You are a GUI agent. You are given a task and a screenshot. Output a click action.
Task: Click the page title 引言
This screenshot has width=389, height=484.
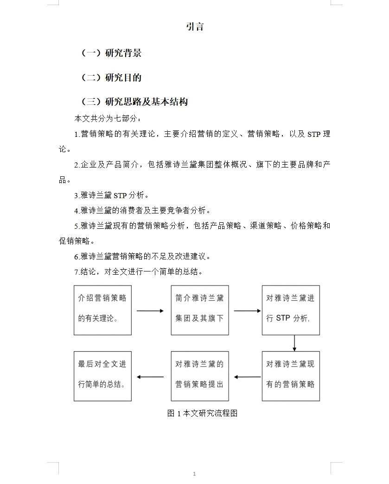tap(195, 27)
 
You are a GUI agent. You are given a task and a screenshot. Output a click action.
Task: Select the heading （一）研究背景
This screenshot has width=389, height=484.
tap(111, 53)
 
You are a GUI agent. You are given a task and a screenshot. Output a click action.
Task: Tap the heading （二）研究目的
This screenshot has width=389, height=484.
tap(111, 77)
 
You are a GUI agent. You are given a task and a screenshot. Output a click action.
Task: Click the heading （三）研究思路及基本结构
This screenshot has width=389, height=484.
tap(134, 102)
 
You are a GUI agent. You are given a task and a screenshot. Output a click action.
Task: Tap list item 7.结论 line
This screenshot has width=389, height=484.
tap(138, 271)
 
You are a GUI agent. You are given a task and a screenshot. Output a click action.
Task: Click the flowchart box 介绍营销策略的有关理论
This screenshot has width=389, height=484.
tap(102, 310)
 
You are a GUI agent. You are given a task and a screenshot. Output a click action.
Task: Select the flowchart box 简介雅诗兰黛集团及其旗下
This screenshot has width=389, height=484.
tap(200, 310)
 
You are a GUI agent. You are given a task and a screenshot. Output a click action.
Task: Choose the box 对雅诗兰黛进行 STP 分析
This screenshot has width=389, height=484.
tap(291, 310)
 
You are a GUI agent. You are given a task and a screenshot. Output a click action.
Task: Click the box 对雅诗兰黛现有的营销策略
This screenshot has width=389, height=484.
tap(291, 376)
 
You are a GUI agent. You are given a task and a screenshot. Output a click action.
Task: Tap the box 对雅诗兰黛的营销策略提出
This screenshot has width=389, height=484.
tap(200, 376)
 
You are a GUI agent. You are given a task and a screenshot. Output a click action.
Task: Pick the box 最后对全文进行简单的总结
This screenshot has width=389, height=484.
tap(102, 376)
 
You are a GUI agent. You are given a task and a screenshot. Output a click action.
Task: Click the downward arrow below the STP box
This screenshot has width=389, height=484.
tap(294, 343)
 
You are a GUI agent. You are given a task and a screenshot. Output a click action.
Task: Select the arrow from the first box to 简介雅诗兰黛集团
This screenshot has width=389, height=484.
tap(151, 310)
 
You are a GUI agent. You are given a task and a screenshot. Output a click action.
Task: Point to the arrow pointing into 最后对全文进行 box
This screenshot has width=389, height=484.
tap(151, 377)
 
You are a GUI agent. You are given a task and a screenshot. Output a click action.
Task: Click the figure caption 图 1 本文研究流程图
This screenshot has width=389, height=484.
tap(202, 413)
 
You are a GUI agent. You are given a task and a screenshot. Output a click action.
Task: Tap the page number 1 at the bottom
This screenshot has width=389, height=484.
tap(194, 474)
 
